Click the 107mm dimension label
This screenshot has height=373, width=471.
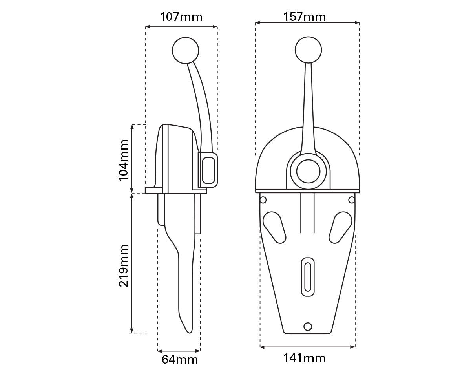[x=181, y=17]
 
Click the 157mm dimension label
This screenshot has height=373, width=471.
[x=305, y=17]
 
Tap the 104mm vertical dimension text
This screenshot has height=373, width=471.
[x=124, y=160]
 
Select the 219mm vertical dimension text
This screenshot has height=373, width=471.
[x=124, y=265]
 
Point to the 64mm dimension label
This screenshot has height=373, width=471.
[x=180, y=359]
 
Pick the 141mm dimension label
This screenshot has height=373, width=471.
[x=305, y=358]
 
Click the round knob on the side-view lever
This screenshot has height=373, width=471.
[x=186, y=50]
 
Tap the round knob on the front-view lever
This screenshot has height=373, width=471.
[x=308, y=50]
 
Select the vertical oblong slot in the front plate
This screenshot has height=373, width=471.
[x=308, y=277]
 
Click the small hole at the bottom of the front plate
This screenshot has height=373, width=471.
[x=308, y=326]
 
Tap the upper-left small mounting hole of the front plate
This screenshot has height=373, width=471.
[x=263, y=200]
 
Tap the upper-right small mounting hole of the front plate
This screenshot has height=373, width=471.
[x=352, y=200]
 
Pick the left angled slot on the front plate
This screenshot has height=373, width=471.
[x=274, y=227]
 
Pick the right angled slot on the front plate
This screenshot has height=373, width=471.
[x=340, y=227]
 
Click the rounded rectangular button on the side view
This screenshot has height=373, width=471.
[x=208, y=169]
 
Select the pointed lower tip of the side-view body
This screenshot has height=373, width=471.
[x=190, y=332]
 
